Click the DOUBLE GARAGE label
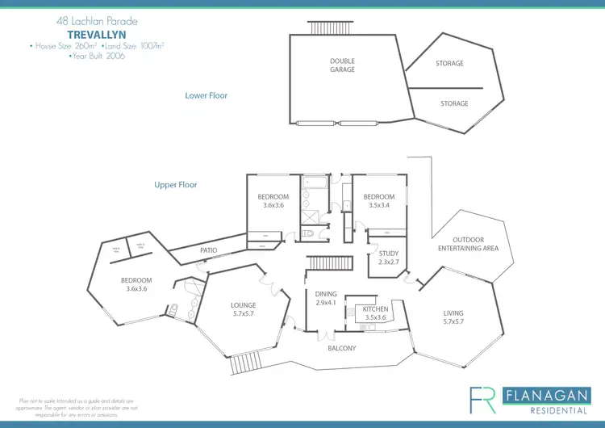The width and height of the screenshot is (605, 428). pos(342,65)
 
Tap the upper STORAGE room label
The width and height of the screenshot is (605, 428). pos(449,63)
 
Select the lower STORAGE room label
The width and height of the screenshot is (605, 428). pos(454,103)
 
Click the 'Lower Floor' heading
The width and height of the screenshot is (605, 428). pos(207,95)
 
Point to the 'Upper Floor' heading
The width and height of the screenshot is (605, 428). pos(176,185)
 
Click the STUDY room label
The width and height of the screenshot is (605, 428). pos(389,254)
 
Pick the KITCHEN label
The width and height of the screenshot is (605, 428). pos(375,309)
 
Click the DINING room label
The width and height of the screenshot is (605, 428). pos(326,295)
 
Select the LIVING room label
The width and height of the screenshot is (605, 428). pos(454,313)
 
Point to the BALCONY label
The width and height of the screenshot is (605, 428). pos(342,348)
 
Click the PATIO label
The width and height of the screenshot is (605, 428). pos(209,251)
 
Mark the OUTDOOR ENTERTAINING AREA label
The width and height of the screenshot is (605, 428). pos(469,244)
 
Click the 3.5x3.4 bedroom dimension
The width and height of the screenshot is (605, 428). pos(378,206)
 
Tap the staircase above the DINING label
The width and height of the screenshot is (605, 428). pos(327,263)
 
